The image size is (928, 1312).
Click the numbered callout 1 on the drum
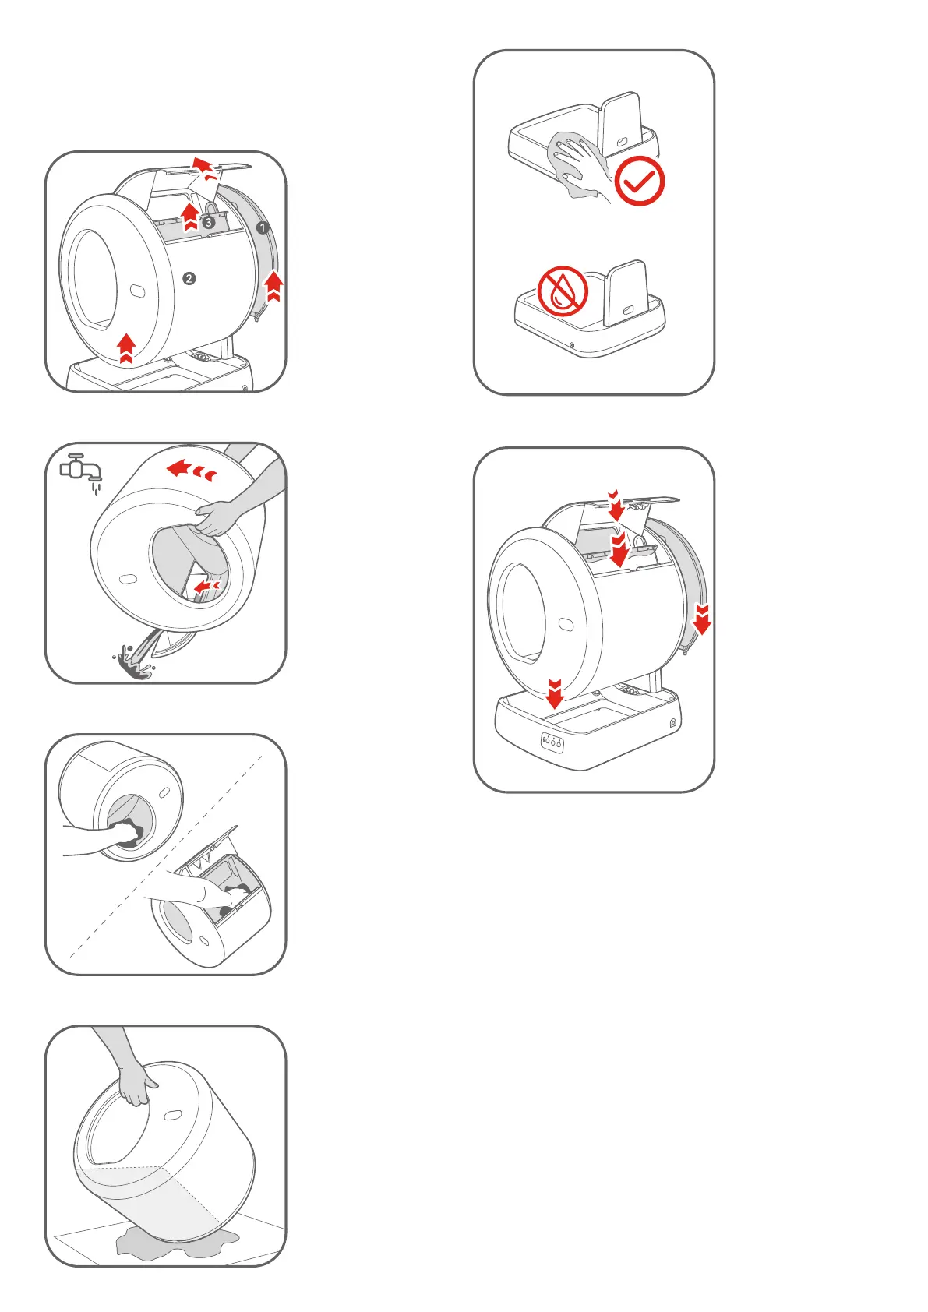pyautogui.click(x=263, y=227)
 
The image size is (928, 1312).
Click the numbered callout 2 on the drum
pyautogui.click(x=189, y=278)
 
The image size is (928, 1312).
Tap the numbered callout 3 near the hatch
pyautogui.click(x=208, y=222)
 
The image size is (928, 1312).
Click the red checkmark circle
pyautogui.click(x=640, y=182)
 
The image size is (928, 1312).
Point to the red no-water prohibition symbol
pyautogui.click(x=563, y=291)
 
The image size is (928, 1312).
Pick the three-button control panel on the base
pyautogui.click(x=552, y=742)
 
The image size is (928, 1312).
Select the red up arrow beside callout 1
pyautogui.click(x=273, y=286)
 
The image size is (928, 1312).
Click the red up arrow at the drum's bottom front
pyautogui.click(x=126, y=348)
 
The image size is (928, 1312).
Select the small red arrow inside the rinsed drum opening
pyautogui.click(x=206, y=585)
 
